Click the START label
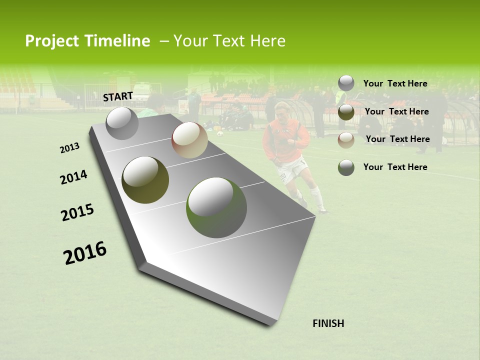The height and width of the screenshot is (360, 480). (x=118, y=96)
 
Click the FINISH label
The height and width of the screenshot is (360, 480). (x=328, y=323)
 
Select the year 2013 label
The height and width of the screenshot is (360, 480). (x=69, y=148)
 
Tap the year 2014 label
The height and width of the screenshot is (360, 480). (x=73, y=177)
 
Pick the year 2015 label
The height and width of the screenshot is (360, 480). (x=77, y=212)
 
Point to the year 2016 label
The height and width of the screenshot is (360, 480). (x=85, y=252)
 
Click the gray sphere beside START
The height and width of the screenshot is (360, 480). (x=122, y=123)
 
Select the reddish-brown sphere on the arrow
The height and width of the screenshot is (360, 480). (x=189, y=140)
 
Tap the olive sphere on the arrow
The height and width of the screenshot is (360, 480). (x=145, y=179)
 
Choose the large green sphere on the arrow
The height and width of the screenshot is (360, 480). (x=216, y=207)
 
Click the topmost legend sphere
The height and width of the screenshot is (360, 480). (x=346, y=83)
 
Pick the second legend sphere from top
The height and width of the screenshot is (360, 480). (x=346, y=112)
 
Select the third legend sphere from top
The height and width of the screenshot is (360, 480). (x=346, y=140)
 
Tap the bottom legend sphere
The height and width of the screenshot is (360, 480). (x=346, y=167)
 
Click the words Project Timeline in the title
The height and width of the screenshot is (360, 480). (x=87, y=41)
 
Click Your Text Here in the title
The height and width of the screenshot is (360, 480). (x=229, y=41)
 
